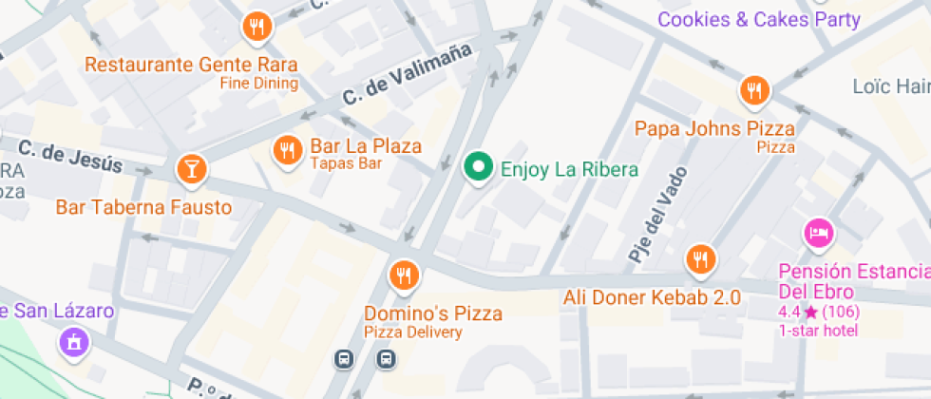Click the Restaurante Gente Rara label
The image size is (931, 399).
tap(191, 66)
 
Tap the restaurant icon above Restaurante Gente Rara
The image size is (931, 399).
tap(256, 28)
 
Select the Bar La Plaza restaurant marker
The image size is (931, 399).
tap(287, 149)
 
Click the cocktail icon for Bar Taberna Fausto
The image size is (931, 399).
tap(192, 170)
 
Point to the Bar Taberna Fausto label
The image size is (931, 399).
tap(143, 207)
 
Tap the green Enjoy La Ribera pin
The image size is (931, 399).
tap(480, 168)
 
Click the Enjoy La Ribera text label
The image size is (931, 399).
tap(569, 170)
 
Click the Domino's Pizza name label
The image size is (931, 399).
tap(433, 313)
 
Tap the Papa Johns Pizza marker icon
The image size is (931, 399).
tap(754, 91)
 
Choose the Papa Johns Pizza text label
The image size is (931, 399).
tap(715, 128)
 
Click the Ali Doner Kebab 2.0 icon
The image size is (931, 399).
tap(701, 258)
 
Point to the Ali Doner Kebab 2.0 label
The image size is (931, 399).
tap(652, 298)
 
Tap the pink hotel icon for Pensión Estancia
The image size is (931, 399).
tap(819, 232)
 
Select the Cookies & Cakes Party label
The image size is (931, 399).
tap(759, 19)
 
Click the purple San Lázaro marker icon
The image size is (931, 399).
tap(73, 342)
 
